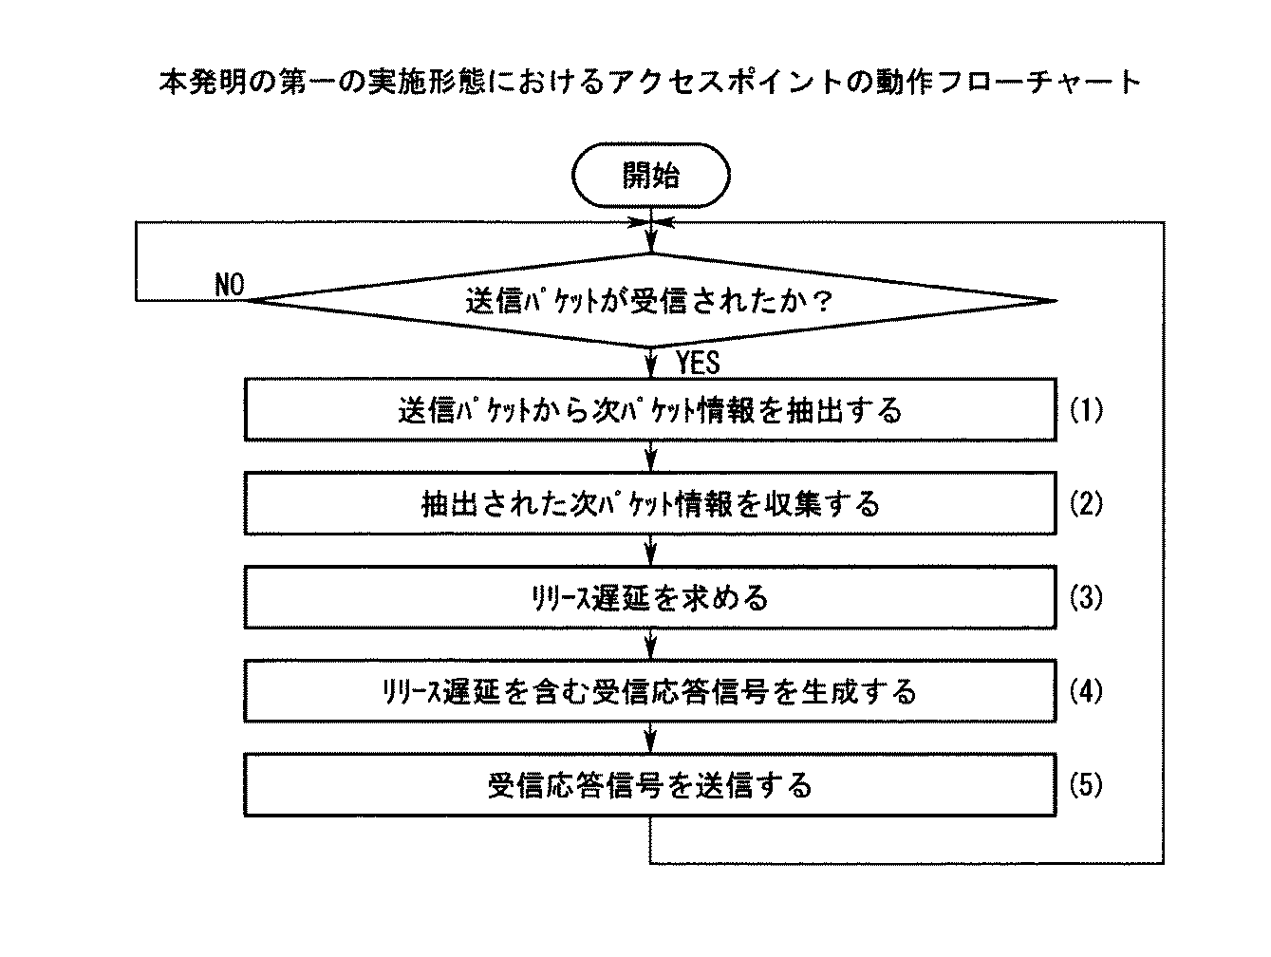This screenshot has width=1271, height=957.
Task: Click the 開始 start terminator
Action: click(x=650, y=176)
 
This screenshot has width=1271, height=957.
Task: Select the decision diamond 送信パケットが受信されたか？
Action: click(x=650, y=301)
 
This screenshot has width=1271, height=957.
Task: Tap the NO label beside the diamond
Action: click(x=230, y=285)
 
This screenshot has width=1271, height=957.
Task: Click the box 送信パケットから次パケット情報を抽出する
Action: click(x=650, y=410)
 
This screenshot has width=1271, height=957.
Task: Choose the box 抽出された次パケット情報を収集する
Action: click(x=650, y=503)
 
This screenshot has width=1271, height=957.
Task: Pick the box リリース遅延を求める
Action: click(x=650, y=597)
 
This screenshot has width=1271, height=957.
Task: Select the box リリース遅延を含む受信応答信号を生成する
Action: click(x=650, y=690)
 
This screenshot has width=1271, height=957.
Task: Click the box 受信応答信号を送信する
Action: click(x=650, y=785)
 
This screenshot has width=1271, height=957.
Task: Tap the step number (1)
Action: click(x=1086, y=410)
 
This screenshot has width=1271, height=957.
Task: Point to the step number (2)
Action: click(x=1086, y=503)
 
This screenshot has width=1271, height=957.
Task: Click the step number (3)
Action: click(x=1086, y=597)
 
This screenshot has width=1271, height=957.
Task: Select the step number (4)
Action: click(x=1086, y=690)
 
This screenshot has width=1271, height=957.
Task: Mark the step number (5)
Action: click(x=1086, y=785)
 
